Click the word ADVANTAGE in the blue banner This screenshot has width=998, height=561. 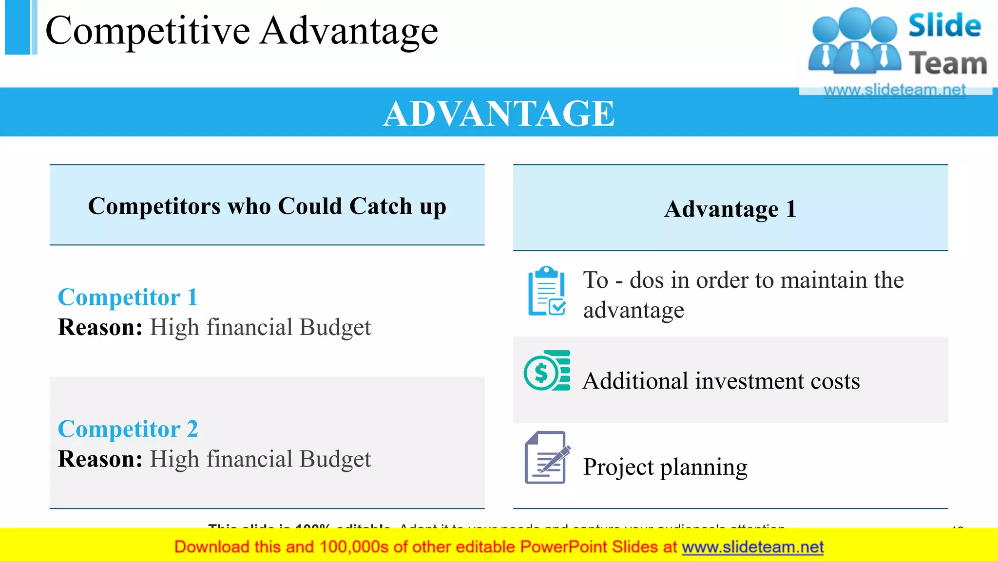(499, 113)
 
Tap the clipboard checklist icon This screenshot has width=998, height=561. (547, 291)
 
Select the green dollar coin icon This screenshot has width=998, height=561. (547, 371)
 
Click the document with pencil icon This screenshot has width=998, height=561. (547, 458)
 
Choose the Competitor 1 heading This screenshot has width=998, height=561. (128, 298)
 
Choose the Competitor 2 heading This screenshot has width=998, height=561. (128, 429)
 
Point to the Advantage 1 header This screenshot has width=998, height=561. (730, 209)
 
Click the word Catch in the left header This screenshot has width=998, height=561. (381, 206)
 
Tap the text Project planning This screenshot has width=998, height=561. (665, 467)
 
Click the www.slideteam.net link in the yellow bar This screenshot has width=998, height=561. (752, 547)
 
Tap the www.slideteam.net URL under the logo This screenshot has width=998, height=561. (895, 90)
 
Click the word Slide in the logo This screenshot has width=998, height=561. (944, 26)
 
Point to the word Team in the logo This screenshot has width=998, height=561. (948, 64)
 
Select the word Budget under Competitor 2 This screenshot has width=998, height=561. (335, 459)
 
